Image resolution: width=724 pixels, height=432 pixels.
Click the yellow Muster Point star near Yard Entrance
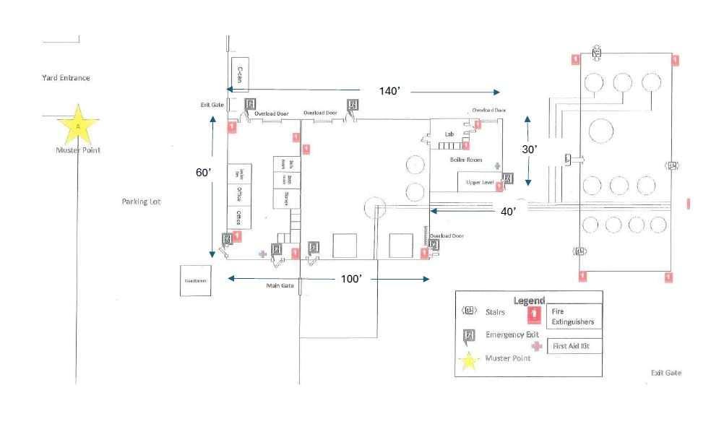tap(78, 125)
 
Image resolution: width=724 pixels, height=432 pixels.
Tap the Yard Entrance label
tap(66, 78)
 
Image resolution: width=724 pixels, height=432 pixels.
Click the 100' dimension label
tap(351, 279)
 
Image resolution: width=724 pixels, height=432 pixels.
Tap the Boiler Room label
tap(465, 160)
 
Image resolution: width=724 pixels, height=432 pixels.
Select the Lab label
tap(449, 134)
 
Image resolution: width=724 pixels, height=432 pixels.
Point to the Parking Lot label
tap(140, 202)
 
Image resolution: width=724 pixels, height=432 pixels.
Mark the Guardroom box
tap(196, 280)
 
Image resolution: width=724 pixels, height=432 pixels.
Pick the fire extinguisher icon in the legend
tap(535, 314)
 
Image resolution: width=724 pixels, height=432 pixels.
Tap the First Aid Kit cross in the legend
tap(535, 346)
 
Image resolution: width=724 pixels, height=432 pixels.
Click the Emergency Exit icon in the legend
tap(470, 334)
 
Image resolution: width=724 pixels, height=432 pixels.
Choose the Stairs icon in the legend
tap(470, 311)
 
